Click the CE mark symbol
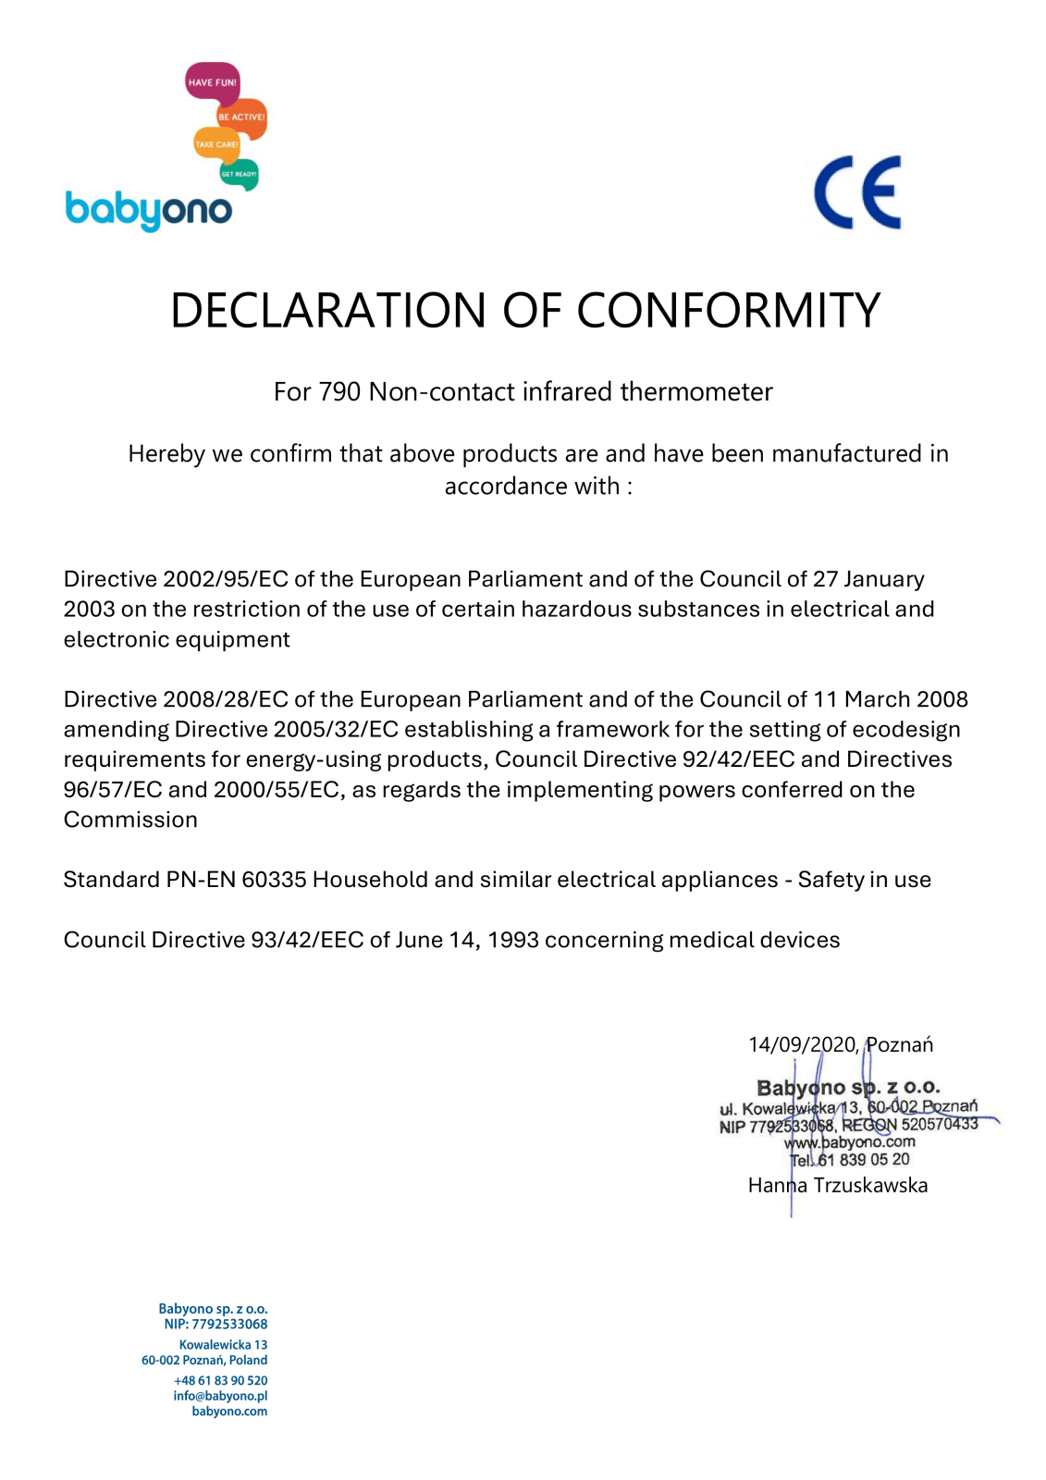point(857,192)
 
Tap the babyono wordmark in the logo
point(148,210)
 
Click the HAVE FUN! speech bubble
point(212,82)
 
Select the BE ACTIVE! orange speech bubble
point(242,117)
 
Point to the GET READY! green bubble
point(239,174)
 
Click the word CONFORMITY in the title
point(728,311)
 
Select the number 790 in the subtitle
point(339,392)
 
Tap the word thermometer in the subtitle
point(695,392)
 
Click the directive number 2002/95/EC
point(226,579)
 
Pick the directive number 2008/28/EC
point(226,699)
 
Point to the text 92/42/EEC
point(738,759)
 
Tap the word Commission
point(130,820)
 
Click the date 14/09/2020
point(802,1045)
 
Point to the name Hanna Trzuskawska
point(837,1186)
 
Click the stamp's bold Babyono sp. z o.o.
point(848,1088)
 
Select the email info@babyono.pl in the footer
point(220,1396)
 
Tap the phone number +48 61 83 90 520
point(220,1380)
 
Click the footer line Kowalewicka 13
point(223,1345)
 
